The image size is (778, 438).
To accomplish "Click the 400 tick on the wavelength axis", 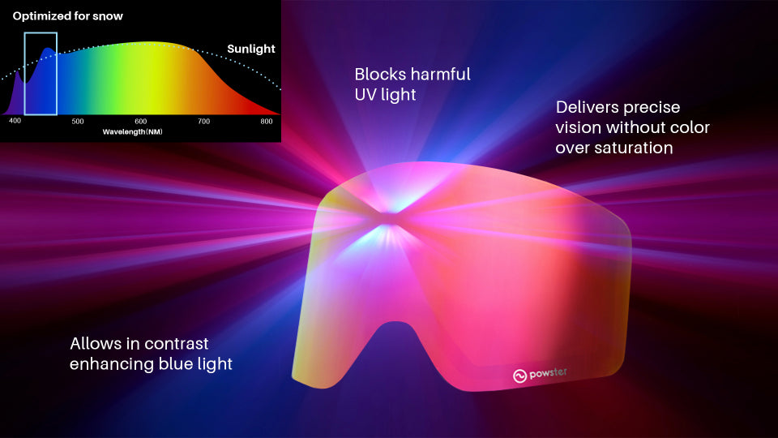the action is (15, 121).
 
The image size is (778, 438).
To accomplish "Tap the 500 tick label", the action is (78, 121).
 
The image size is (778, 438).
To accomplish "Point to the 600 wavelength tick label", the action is (141, 121).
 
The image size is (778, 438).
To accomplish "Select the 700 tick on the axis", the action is (204, 121).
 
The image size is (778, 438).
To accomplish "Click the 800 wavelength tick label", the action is (267, 121).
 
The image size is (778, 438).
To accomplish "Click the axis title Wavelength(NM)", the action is (132, 131).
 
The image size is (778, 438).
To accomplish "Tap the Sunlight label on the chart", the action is (251, 49).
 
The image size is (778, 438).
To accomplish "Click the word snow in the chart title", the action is (108, 16).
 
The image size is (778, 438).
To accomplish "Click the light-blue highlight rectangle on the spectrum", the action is (25, 74).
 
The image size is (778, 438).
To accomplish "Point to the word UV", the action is (365, 94).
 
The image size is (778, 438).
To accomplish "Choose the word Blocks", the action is (381, 74).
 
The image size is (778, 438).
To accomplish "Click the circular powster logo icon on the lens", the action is (519, 376).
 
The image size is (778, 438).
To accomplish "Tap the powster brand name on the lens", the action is (548, 373).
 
